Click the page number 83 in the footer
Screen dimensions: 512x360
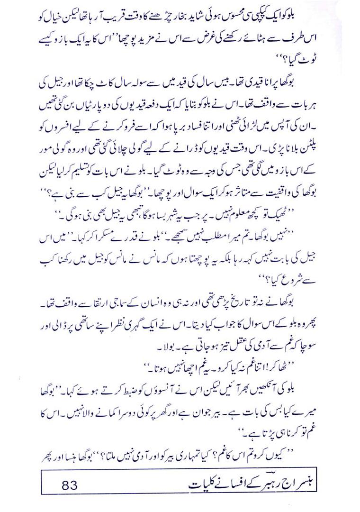tap(69, 485)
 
